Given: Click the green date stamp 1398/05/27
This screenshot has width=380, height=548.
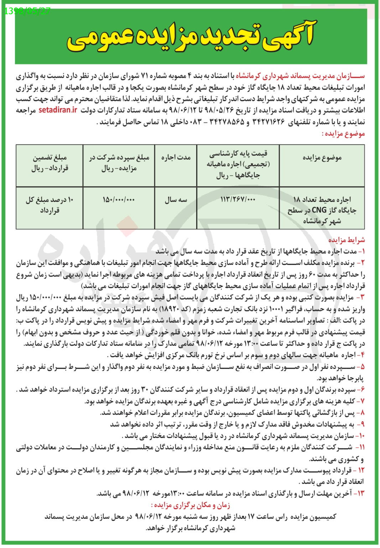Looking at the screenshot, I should coord(28,10).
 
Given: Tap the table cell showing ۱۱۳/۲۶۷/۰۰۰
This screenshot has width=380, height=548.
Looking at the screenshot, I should coord(239,200).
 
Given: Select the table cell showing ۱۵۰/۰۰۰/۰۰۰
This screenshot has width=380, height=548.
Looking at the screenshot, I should coord(119,200).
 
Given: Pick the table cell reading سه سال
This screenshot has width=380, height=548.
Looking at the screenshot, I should coord(176,200).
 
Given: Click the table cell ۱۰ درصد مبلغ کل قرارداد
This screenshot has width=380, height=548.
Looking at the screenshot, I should coord(50,205).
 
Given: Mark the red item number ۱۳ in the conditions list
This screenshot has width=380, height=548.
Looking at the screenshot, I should coord(360,494).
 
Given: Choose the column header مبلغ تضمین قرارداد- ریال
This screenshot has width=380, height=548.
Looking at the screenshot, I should coord(50,162).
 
